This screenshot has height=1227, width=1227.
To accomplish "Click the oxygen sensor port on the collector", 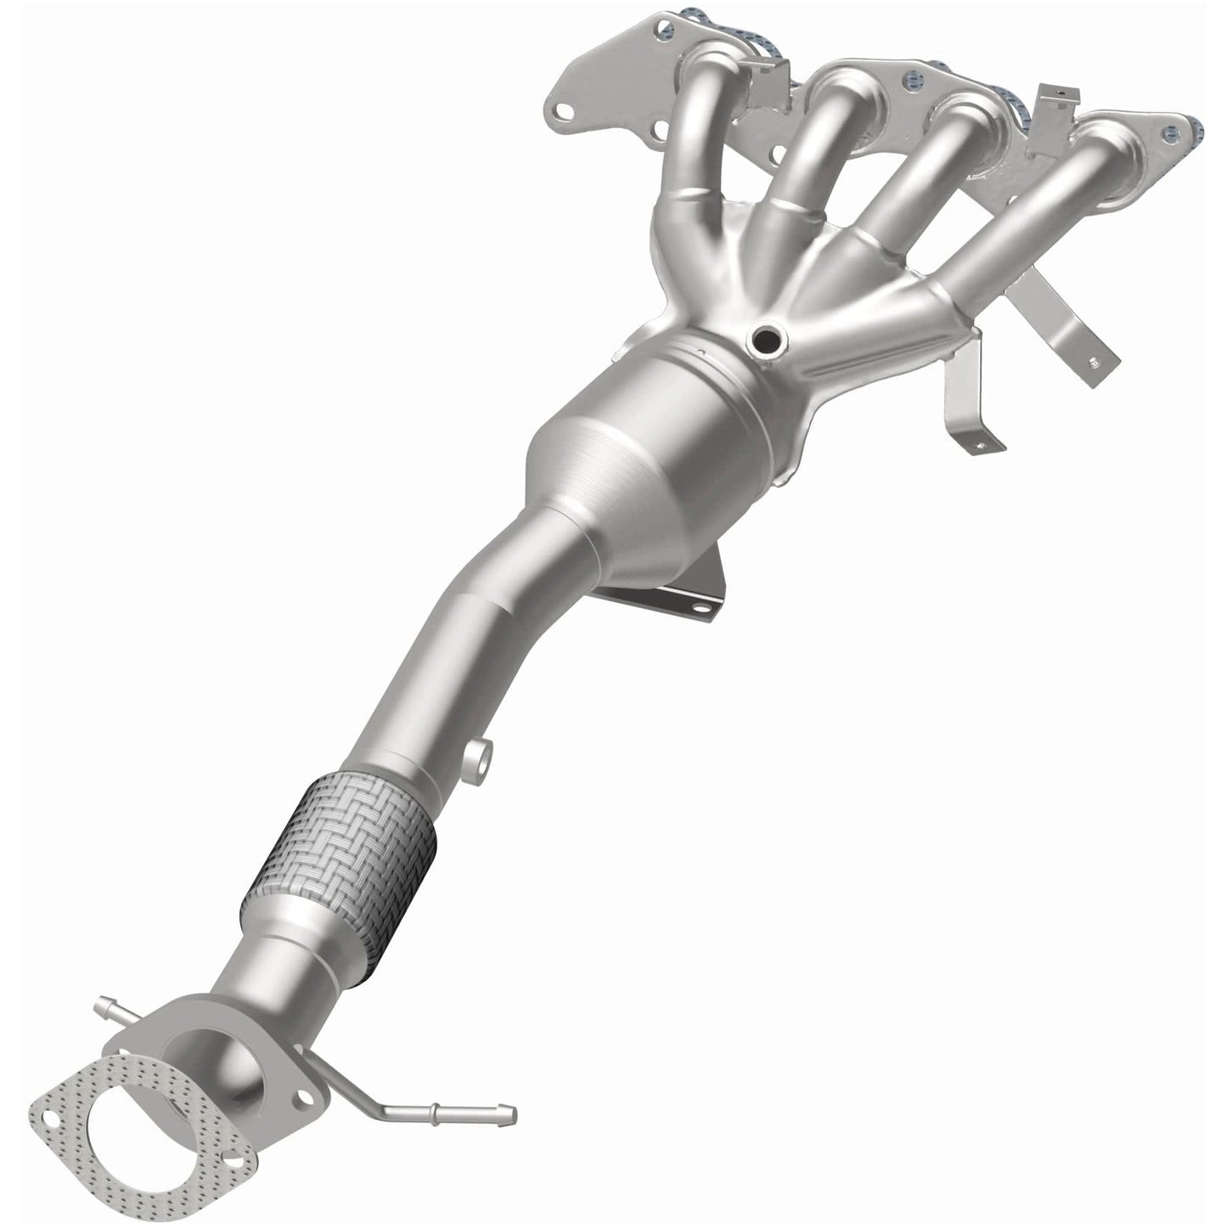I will tap(763, 341).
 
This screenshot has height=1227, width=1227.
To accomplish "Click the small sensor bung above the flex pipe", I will tap(478, 755).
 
